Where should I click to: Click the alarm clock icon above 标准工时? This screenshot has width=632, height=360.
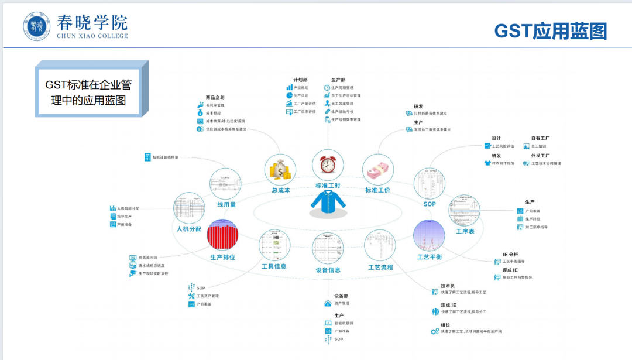[x=328, y=165]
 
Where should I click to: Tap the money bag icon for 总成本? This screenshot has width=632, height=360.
[x=280, y=170]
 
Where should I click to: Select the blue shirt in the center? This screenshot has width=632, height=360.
[x=328, y=201]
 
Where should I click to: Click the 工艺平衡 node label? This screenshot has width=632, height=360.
[x=430, y=257]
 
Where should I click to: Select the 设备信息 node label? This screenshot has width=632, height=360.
[x=328, y=270]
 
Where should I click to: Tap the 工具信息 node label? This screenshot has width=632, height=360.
[x=274, y=266]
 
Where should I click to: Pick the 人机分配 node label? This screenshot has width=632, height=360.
[x=189, y=229]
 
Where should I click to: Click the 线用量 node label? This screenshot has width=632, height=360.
[x=226, y=205]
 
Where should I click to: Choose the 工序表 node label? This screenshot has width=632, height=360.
[x=465, y=231]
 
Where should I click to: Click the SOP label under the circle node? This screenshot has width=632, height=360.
[x=430, y=204]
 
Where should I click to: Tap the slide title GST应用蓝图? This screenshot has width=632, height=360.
[x=550, y=31]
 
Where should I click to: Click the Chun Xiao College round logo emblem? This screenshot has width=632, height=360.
[x=37, y=27]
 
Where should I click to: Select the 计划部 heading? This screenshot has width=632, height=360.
[x=301, y=80]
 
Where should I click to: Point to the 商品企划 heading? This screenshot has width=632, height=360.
[x=215, y=97]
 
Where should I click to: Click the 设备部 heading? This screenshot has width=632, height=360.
[x=341, y=296]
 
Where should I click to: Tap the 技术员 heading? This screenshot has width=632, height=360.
[x=448, y=286]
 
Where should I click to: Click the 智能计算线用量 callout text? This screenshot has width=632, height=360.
[x=165, y=157]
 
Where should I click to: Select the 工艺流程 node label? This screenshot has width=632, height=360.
[x=380, y=267]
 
